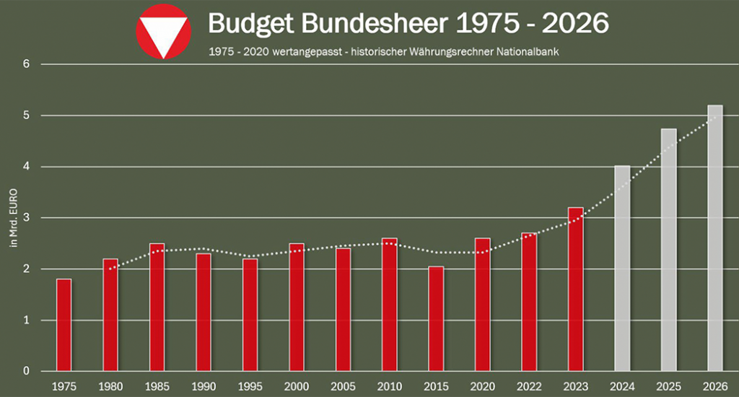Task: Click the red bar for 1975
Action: tap(64, 325)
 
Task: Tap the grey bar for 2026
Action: tap(715, 238)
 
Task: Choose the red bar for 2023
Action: tap(575, 289)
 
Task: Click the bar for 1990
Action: tap(204, 312)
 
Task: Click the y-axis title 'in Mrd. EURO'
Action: tap(14, 217)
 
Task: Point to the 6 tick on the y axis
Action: tap(26, 64)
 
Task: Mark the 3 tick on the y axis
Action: tap(26, 218)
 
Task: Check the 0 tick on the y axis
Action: tap(26, 372)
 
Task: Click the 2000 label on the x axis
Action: tap(297, 387)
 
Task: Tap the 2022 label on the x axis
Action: tap(529, 387)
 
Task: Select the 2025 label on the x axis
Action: tap(669, 387)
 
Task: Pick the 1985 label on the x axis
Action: tap(157, 387)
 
